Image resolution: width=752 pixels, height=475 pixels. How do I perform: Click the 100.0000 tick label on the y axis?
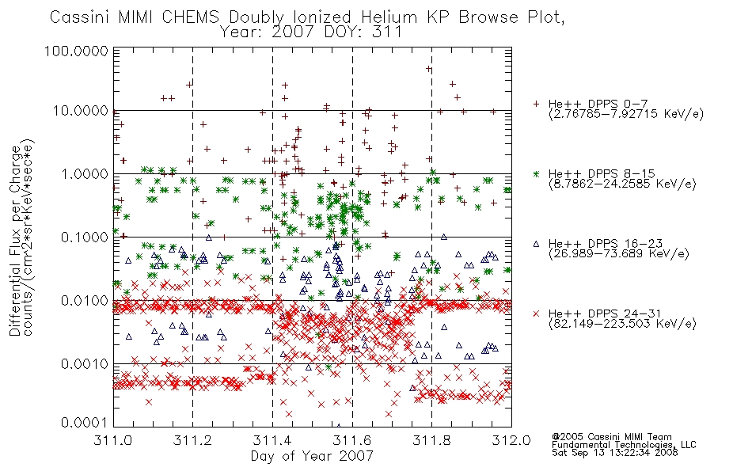click(76, 51)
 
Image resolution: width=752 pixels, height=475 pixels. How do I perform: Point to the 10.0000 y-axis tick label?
click(80, 112)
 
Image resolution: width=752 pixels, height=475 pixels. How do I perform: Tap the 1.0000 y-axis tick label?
click(85, 174)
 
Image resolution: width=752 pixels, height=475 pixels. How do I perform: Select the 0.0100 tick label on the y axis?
click(85, 301)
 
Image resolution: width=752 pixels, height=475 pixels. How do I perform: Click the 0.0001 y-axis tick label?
click(85, 423)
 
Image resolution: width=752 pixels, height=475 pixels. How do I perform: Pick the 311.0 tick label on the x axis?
click(112, 440)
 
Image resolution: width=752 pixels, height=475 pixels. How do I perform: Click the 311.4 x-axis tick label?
click(272, 440)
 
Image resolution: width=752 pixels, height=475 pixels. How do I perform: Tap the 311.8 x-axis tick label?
click(431, 440)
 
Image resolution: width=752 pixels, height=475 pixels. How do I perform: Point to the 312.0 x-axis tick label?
click(511, 440)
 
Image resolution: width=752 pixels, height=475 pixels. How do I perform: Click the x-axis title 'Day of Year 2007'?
click(312, 456)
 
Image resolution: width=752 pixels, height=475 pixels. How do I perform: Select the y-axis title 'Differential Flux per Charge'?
click(15, 241)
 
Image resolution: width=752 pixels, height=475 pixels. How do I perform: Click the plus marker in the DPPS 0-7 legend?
click(536, 104)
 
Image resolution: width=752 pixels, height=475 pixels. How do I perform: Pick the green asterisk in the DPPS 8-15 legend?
click(536, 173)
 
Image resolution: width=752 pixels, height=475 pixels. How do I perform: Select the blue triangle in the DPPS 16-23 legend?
click(536, 244)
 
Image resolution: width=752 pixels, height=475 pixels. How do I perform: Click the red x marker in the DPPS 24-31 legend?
click(536, 313)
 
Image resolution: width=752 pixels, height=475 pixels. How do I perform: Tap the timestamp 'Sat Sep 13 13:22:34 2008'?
click(615, 453)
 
